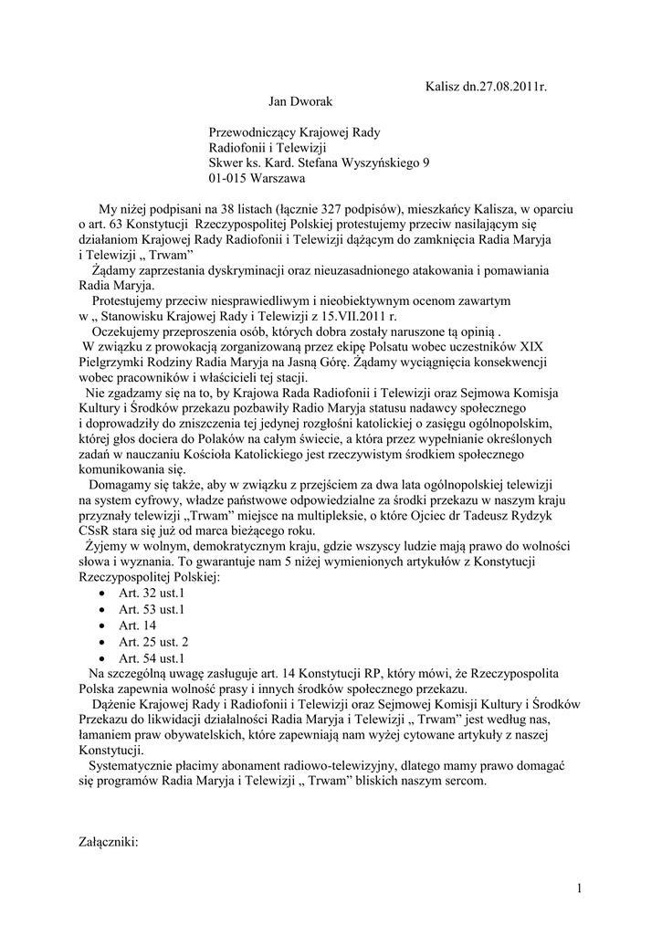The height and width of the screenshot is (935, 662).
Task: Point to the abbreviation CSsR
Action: click(96, 532)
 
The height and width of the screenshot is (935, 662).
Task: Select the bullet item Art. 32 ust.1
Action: click(152, 594)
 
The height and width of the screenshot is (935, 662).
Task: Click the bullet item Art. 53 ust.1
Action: click(152, 610)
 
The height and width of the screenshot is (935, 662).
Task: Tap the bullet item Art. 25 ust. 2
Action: click(153, 641)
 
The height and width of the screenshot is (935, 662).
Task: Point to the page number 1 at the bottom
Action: click(580, 888)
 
